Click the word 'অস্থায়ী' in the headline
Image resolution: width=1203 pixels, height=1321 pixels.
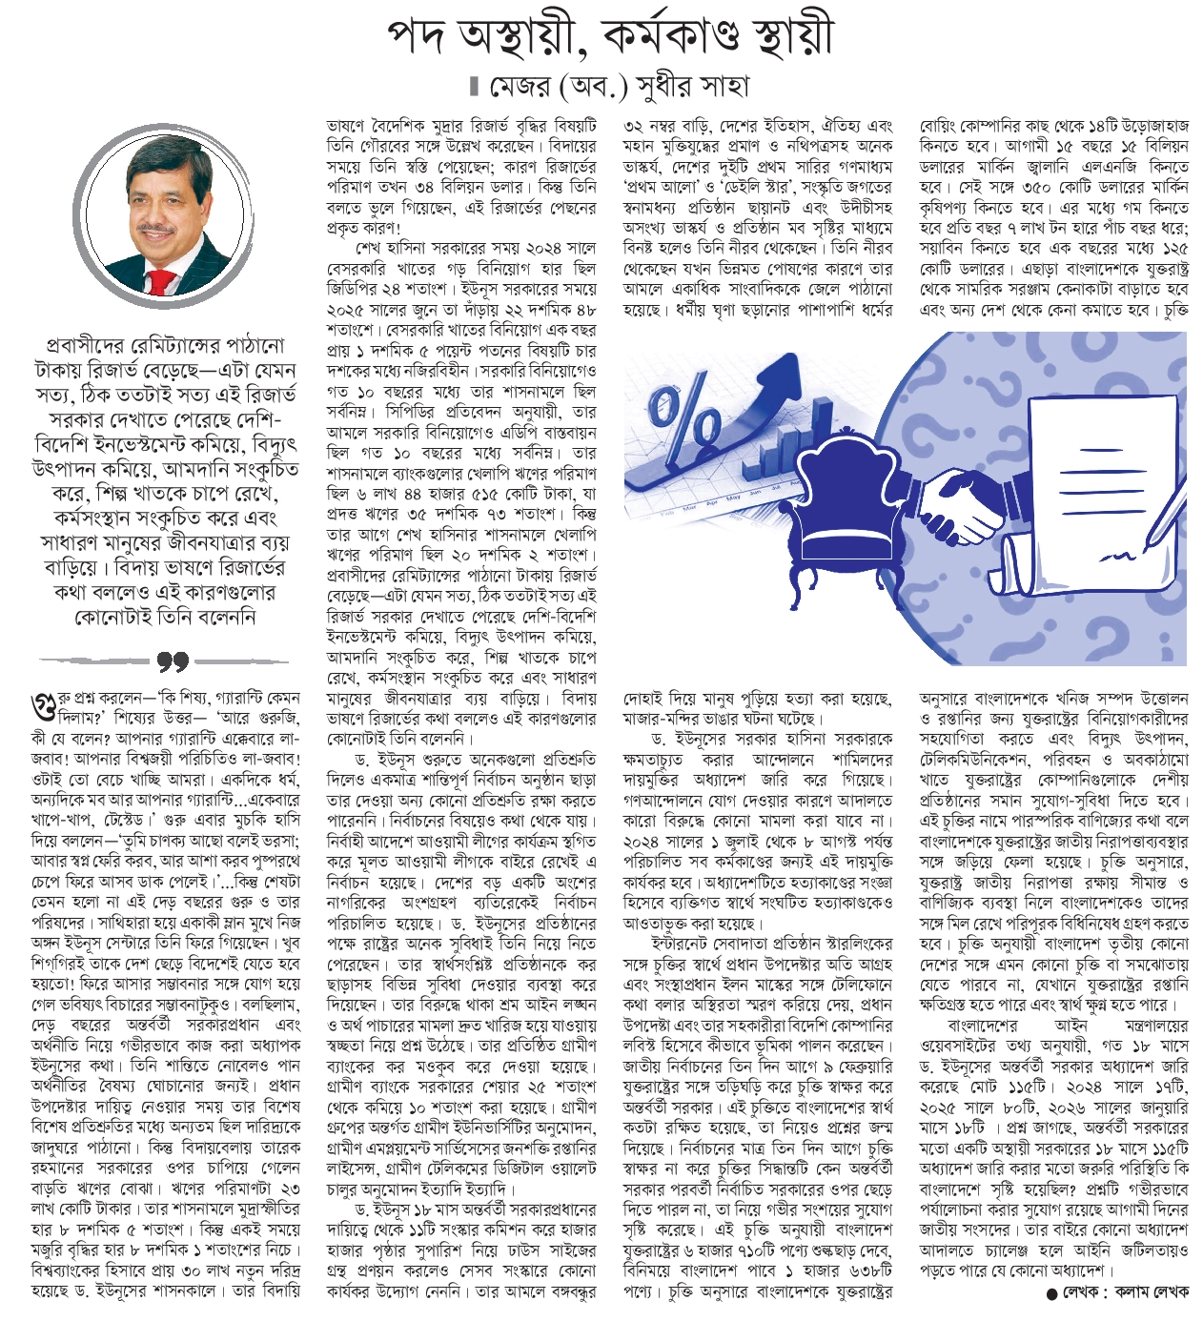pos(515,36)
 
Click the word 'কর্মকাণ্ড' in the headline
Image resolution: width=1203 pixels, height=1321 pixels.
pos(689,36)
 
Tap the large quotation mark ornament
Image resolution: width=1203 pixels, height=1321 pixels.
pos(171,660)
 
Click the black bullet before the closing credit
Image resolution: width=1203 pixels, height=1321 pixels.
pos(1052,1293)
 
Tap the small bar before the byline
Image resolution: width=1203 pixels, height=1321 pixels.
pos(473,87)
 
